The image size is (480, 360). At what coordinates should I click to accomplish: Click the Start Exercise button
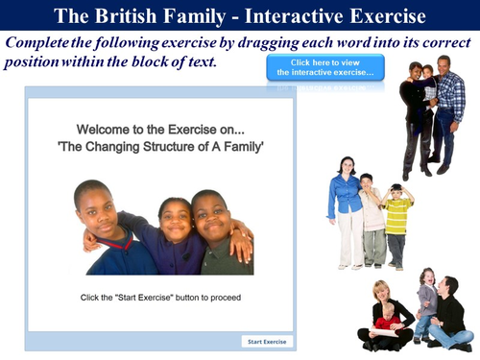pos(268,342)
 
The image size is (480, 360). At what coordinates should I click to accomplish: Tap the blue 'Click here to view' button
pos(324,67)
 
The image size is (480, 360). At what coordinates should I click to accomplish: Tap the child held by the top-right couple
pos(427,82)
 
